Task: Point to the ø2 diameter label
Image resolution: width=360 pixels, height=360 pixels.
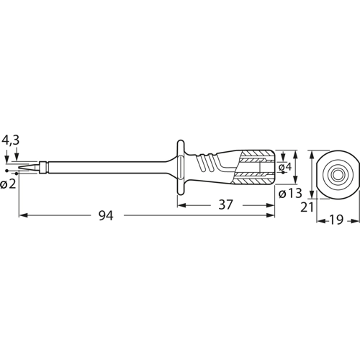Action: (x=9, y=185)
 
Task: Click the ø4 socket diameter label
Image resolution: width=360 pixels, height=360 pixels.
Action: (x=287, y=168)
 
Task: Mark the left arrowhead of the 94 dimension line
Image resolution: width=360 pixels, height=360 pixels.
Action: (x=22, y=215)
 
